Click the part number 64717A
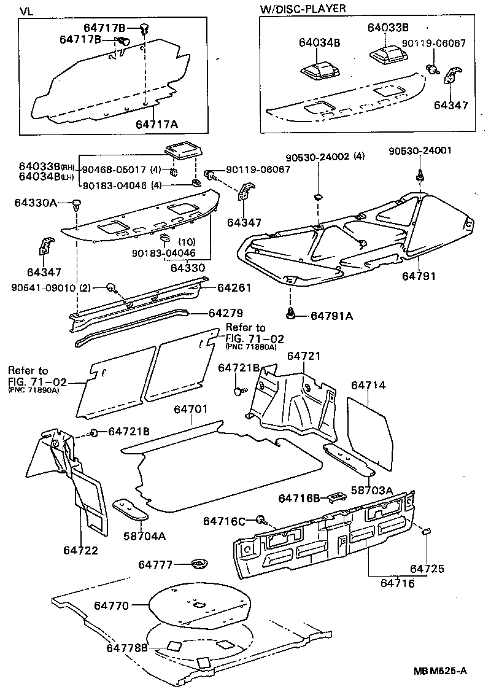point(157,124)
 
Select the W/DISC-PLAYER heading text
point(303,8)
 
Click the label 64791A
point(332,316)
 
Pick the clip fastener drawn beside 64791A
point(292,315)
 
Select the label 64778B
point(128,648)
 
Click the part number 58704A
point(145,535)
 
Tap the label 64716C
point(224,521)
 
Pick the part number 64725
point(428,569)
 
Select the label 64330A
point(36,203)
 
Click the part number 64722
point(80,551)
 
